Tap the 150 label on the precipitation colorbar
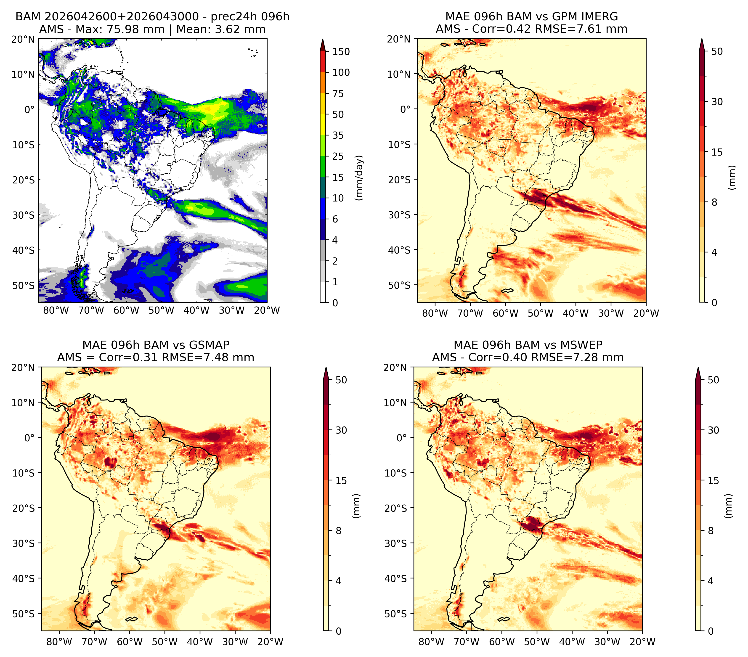click(341, 52)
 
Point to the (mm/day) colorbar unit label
click(360, 178)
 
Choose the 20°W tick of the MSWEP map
click(643, 642)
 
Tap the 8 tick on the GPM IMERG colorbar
click(714, 202)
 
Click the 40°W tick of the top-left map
click(196, 310)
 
